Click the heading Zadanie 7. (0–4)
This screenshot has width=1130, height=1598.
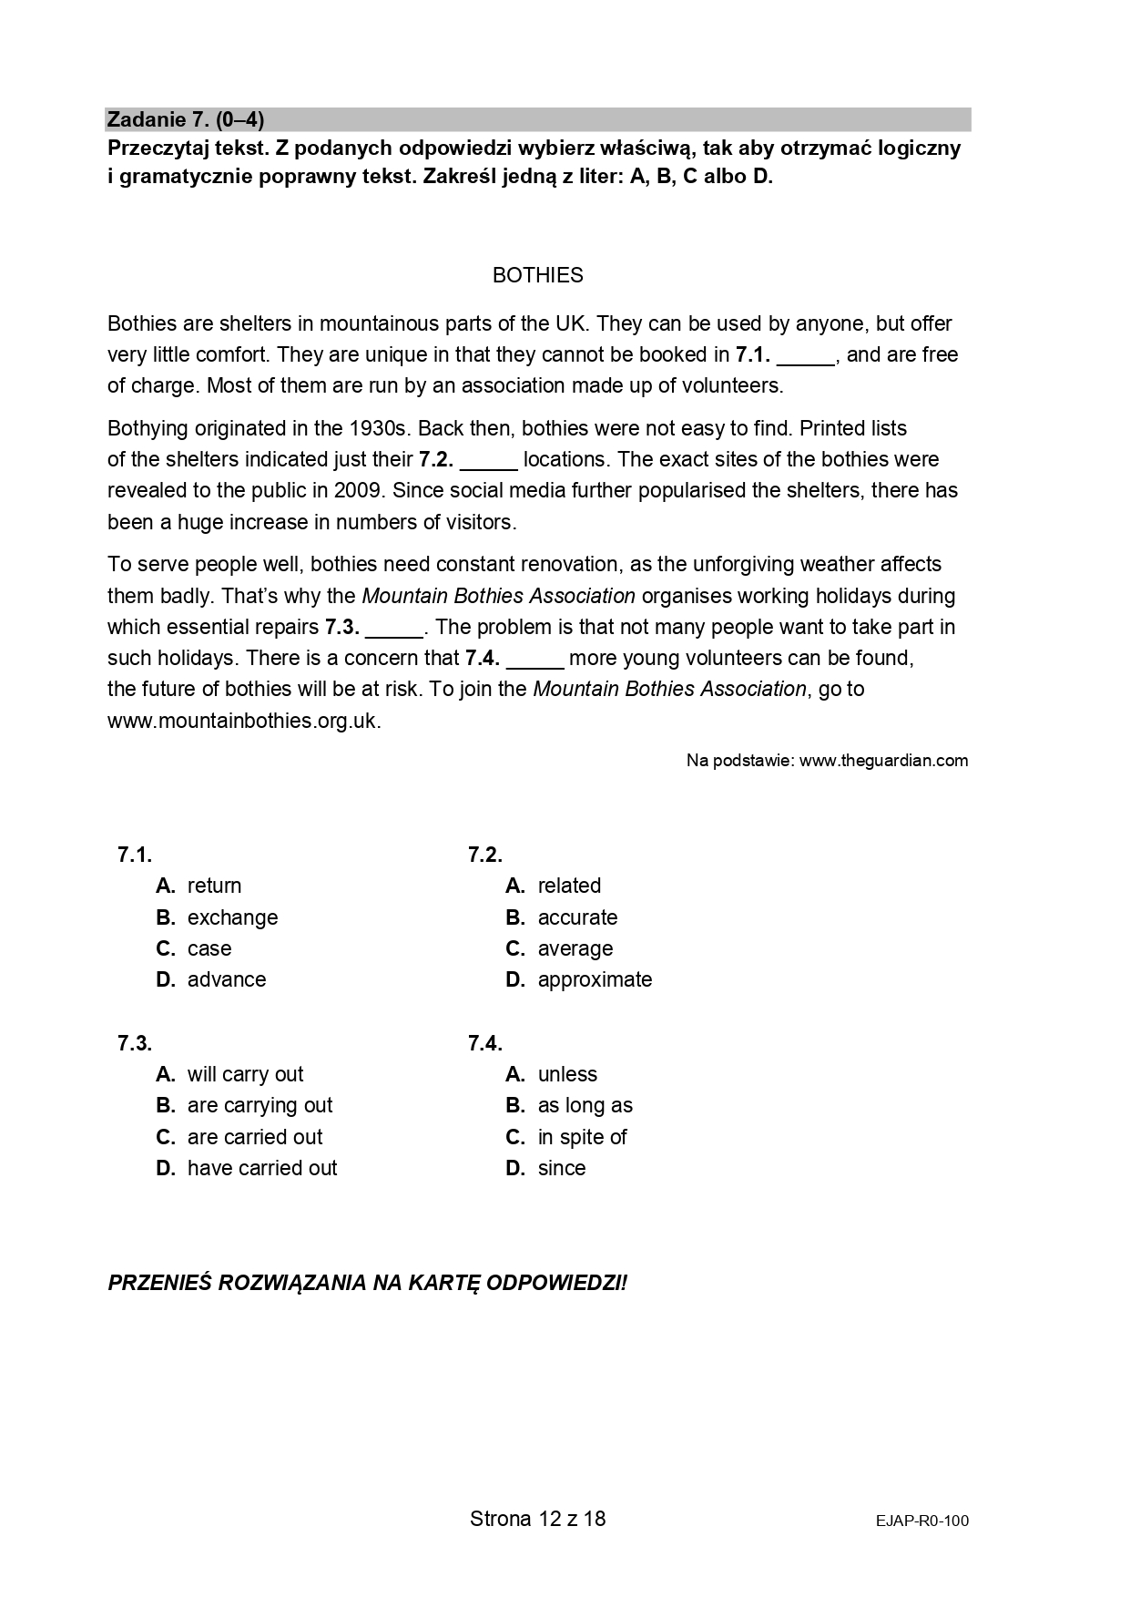point(186,119)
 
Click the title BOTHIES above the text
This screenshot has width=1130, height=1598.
point(537,275)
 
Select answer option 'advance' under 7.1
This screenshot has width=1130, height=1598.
point(227,979)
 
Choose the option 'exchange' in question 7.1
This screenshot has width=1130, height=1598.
point(232,917)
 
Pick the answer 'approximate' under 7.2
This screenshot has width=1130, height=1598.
point(595,979)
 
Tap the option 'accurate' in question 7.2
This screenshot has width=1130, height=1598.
point(577,917)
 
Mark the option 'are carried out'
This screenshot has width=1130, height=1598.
point(255,1137)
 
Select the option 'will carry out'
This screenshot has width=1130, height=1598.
point(245,1074)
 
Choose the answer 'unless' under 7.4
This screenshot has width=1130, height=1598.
point(567,1074)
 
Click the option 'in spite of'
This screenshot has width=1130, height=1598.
point(582,1137)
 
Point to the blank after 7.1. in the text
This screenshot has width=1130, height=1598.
point(806,357)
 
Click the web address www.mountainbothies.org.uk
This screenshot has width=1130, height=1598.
point(243,721)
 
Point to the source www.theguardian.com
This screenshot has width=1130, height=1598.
point(883,761)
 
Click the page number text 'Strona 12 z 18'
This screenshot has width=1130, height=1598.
point(537,1519)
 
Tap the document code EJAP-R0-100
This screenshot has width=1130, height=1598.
point(922,1521)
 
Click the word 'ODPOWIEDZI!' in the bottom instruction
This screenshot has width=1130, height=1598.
point(556,1283)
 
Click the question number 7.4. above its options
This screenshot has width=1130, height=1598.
point(484,1043)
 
